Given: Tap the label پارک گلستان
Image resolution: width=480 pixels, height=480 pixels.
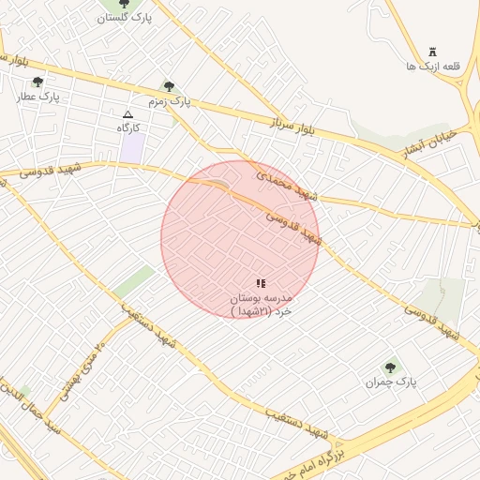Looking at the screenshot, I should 125,18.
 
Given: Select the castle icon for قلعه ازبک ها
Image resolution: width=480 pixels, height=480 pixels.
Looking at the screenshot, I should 432,51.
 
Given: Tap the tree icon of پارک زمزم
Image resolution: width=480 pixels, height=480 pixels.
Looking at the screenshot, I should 169,86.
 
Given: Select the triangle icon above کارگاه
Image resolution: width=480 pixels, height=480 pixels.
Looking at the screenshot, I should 127,113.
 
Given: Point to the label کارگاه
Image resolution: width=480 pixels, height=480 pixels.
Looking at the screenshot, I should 127,127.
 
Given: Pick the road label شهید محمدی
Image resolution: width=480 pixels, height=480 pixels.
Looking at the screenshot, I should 288,183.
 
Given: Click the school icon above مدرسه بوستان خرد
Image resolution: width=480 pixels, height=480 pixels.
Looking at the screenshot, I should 261,283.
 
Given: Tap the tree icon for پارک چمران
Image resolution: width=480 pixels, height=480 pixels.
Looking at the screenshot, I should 390,367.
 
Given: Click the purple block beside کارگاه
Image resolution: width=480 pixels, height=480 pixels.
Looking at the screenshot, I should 133,147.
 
